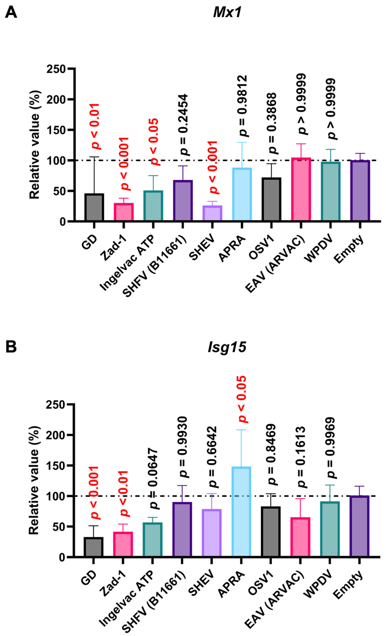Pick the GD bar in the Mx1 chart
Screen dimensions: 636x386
94,207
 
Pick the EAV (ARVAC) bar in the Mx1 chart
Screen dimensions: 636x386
301,189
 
